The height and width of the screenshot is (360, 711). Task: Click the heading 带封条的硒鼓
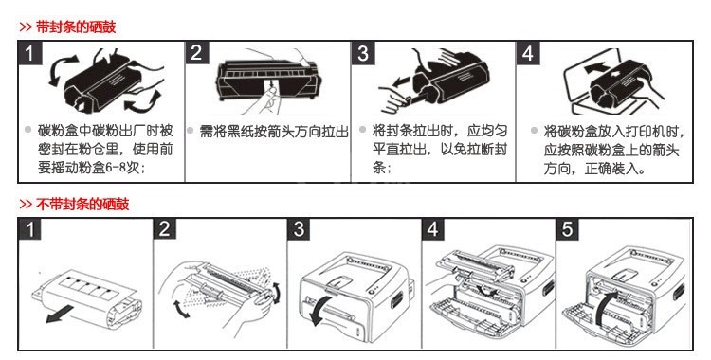pyautogui.click(x=76, y=27)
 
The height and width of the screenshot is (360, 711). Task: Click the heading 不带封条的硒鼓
pyautogui.click(x=82, y=204)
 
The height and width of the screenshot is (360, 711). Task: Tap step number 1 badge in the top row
pyautogui.click(x=30, y=53)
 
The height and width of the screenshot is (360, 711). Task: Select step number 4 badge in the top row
pyautogui.click(x=528, y=53)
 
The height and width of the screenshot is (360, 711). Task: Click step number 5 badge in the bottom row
pyautogui.click(x=567, y=229)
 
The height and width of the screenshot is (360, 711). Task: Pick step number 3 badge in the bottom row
pyautogui.click(x=299, y=229)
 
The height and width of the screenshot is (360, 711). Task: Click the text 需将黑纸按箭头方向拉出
pyautogui.click(x=274, y=132)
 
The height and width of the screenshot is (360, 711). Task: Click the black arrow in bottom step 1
pyautogui.click(x=60, y=314)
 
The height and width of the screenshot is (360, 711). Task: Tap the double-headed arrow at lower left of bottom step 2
pyautogui.click(x=181, y=308)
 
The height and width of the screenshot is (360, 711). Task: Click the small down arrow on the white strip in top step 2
pyautogui.click(x=271, y=84)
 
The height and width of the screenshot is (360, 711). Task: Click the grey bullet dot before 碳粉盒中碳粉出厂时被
pyautogui.click(x=27, y=130)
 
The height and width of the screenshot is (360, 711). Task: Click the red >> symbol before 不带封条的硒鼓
pyautogui.click(x=26, y=205)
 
